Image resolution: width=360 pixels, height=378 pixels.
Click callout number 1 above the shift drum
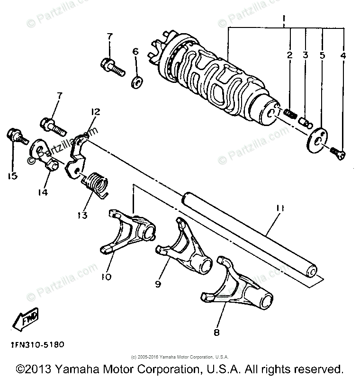click(x=284, y=19)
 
